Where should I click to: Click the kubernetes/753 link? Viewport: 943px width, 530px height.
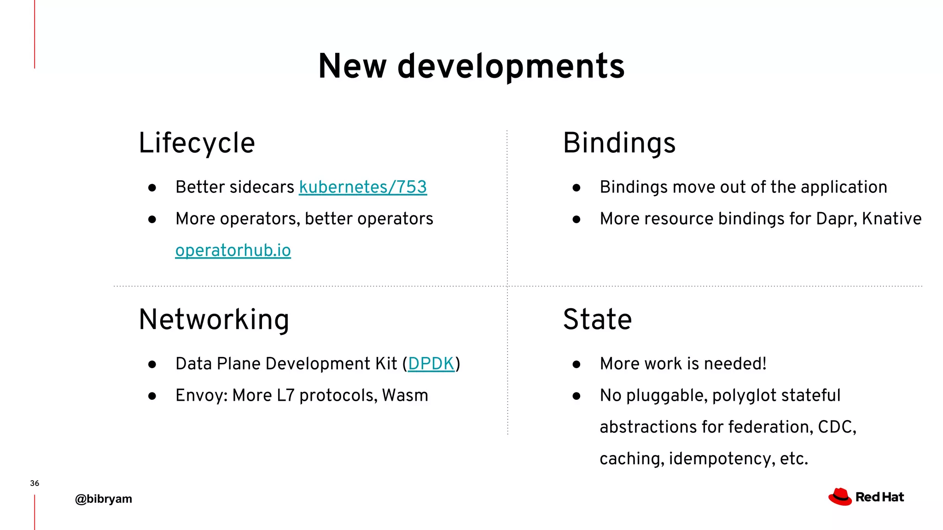pos(363,187)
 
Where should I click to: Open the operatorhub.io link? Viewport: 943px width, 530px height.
pos(233,250)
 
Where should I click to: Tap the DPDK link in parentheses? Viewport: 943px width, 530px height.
pos(431,363)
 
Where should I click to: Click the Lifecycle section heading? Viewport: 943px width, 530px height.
pos(197,143)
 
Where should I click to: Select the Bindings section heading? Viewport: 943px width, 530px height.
pos(619,143)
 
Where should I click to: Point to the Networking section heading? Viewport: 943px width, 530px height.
pos(214,319)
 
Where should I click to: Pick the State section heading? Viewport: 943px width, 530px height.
pos(597,319)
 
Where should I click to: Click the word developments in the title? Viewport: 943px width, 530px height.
pos(511,66)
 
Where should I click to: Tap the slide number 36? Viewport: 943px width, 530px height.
pos(35,483)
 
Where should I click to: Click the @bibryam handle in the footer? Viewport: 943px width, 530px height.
pos(104,499)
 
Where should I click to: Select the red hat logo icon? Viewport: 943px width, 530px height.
pos(840,497)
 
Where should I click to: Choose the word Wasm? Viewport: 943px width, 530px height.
pos(405,395)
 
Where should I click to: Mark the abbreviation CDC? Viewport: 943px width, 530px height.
pos(835,427)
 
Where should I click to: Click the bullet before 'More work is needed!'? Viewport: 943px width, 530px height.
pos(576,364)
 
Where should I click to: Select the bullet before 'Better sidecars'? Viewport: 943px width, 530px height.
pos(152,188)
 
